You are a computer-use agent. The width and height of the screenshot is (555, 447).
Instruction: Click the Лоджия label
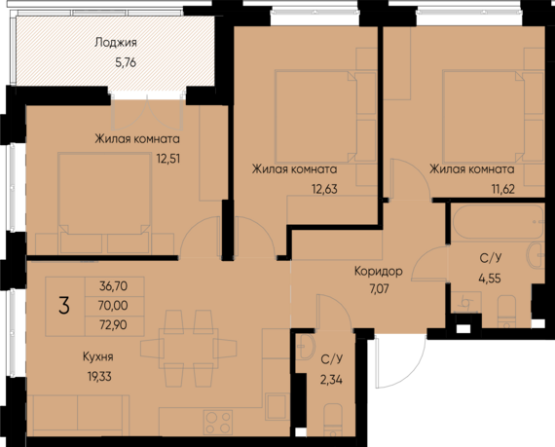[x=116, y=43]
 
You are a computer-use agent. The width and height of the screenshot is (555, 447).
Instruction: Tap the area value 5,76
[x=126, y=62]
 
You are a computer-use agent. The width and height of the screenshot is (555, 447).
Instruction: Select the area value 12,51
[x=168, y=159]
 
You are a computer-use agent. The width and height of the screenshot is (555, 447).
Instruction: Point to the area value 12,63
[x=324, y=189]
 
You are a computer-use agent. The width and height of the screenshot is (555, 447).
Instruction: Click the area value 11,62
[x=502, y=189]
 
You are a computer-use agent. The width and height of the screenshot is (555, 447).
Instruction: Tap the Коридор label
[x=379, y=272]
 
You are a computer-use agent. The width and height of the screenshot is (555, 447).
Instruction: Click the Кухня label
[x=98, y=356]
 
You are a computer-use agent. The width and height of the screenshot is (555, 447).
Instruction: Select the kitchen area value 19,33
[x=99, y=376]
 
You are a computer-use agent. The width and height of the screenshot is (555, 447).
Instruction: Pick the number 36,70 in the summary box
[x=113, y=286]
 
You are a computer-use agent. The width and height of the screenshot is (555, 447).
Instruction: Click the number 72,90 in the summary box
[x=113, y=324]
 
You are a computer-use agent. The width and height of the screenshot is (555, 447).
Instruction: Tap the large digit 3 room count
[x=64, y=306]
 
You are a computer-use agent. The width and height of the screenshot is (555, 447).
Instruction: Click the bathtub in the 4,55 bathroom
[x=498, y=222]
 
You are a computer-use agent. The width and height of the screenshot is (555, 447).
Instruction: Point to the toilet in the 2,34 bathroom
[x=333, y=420]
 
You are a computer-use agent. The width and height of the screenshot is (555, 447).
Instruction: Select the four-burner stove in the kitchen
[x=218, y=422]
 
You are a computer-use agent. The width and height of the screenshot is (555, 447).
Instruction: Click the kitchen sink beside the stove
[x=277, y=406]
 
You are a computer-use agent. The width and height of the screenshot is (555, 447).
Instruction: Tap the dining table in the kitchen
[x=189, y=349]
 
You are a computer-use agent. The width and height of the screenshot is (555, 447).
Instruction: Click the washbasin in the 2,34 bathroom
[x=305, y=347]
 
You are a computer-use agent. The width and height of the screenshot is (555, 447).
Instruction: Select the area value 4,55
[x=490, y=279]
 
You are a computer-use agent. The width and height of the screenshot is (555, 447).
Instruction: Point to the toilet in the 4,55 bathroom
[x=507, y=312]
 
